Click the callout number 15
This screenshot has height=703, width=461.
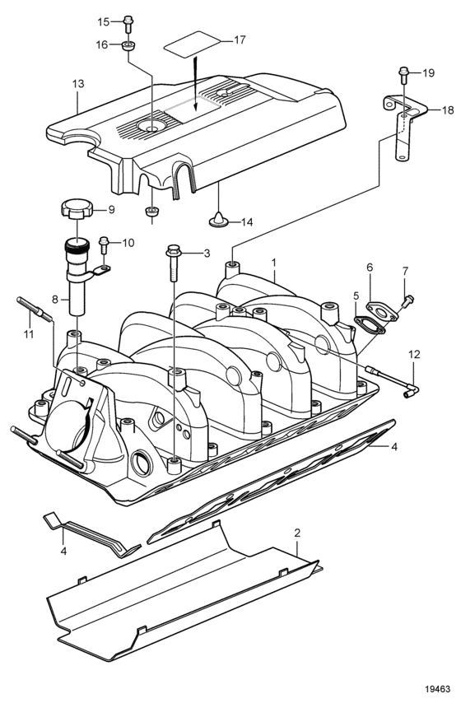coord(104,21)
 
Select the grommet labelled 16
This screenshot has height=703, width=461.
coord(128,46)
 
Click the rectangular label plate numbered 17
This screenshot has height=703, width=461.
coord(193,44)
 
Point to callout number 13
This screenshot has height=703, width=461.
coord(78,84)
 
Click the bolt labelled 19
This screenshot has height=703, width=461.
coord(403,74)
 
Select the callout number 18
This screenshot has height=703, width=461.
coord(448,109)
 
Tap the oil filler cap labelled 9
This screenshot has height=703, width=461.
coord(77,209)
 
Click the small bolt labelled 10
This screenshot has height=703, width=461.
coord(104,244)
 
